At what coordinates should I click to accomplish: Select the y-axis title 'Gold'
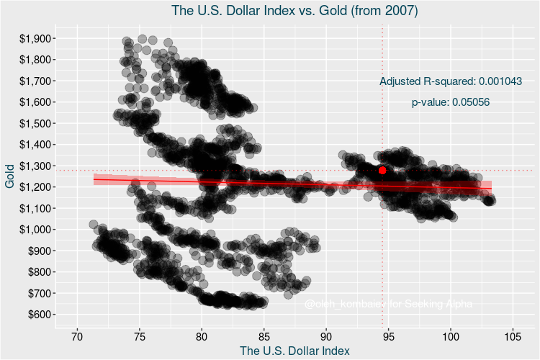(10, 176)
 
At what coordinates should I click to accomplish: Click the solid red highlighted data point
(382, 171)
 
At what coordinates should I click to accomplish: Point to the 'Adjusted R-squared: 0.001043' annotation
(451, 81)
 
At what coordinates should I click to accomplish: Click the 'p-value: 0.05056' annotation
(451, 102)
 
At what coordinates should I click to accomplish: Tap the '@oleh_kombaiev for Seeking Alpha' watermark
(389, 305)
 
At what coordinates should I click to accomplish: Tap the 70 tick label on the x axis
(77, 336)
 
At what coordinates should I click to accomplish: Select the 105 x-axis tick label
(513, 336)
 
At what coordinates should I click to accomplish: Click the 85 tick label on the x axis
(264, 336)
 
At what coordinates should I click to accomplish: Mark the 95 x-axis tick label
(389, 336)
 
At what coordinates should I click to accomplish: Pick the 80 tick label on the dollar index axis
(202, 336)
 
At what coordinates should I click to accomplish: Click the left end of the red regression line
(94, 179)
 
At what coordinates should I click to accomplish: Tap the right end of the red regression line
(491, 188)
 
